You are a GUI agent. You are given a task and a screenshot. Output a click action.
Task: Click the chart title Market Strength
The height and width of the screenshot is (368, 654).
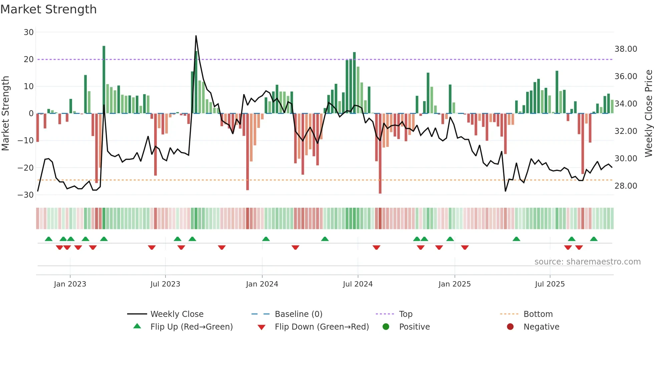[x=48, y=9]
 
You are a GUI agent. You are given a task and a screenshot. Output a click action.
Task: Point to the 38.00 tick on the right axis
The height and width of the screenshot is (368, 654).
[x=626, y=49]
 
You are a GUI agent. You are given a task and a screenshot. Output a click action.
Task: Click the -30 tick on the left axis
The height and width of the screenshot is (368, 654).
[x=26, y=195]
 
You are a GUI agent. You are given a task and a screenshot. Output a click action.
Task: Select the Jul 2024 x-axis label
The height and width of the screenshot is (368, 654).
[x=357, y=284]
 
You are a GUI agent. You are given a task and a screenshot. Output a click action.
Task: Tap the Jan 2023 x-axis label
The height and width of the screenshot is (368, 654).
[x=70, y=284]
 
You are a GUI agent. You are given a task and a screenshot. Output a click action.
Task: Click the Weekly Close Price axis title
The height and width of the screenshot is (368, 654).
[x=648, y=114]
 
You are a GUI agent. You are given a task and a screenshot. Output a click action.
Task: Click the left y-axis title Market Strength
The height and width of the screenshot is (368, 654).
[x=6, y=114]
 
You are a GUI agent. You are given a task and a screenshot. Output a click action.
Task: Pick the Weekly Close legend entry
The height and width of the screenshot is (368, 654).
[x=177, y=314]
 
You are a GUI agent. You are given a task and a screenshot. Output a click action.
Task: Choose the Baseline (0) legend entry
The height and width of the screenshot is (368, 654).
[x=298, y=314]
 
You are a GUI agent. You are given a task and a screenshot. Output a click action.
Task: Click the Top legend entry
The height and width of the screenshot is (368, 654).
[x=405, y=314]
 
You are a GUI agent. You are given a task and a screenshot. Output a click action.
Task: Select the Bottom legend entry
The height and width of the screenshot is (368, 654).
[x=538, y=314]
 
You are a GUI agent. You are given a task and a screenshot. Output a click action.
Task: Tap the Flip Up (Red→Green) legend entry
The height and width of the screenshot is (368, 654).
[x=191, y=327]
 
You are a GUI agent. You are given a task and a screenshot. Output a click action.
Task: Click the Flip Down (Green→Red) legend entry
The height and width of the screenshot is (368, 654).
[x=322, y=327]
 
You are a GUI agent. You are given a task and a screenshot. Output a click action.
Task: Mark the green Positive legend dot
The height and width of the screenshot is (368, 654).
[x=386, y=327]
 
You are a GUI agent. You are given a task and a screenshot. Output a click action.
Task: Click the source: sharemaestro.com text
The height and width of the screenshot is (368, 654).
[x=587, y=261]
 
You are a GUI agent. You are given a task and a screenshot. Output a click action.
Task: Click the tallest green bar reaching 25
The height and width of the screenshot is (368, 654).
[x=104, y=80]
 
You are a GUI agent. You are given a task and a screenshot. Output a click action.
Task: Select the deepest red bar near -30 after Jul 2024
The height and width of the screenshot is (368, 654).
[x=380, y=154]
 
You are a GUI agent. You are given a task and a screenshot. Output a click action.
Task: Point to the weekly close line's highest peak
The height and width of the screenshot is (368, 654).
[x=196, y=36]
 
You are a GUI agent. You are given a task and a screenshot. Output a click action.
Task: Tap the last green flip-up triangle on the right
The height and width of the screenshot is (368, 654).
[x=594, y=239]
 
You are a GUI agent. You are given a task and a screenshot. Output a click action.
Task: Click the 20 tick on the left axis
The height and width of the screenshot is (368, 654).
[x=29, y=59]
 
